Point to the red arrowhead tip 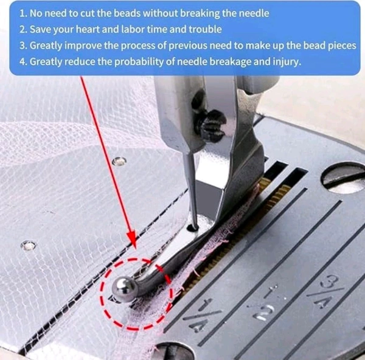click(134, 247)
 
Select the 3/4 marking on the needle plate click(326, 290)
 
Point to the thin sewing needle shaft click(190, 186)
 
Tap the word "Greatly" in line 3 click(46, 46)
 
